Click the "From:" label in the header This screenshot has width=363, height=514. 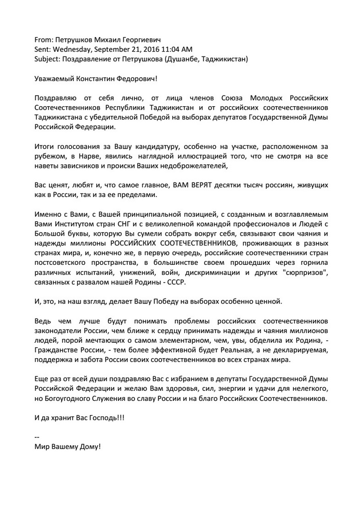tap(43, 40)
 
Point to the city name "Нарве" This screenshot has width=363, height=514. tap(87, 156)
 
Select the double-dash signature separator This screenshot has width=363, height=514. tap(37, 437)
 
